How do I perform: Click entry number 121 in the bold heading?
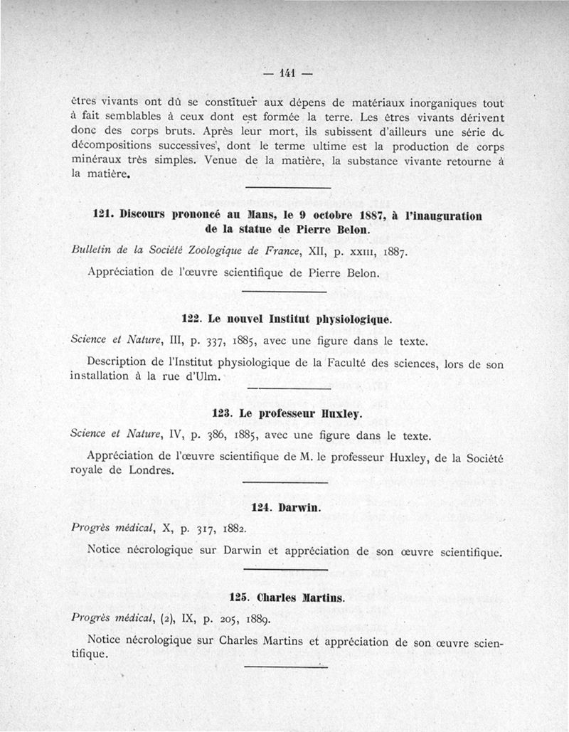point(104,214)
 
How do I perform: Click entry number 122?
point(193,319)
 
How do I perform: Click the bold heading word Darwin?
point(299,508)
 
